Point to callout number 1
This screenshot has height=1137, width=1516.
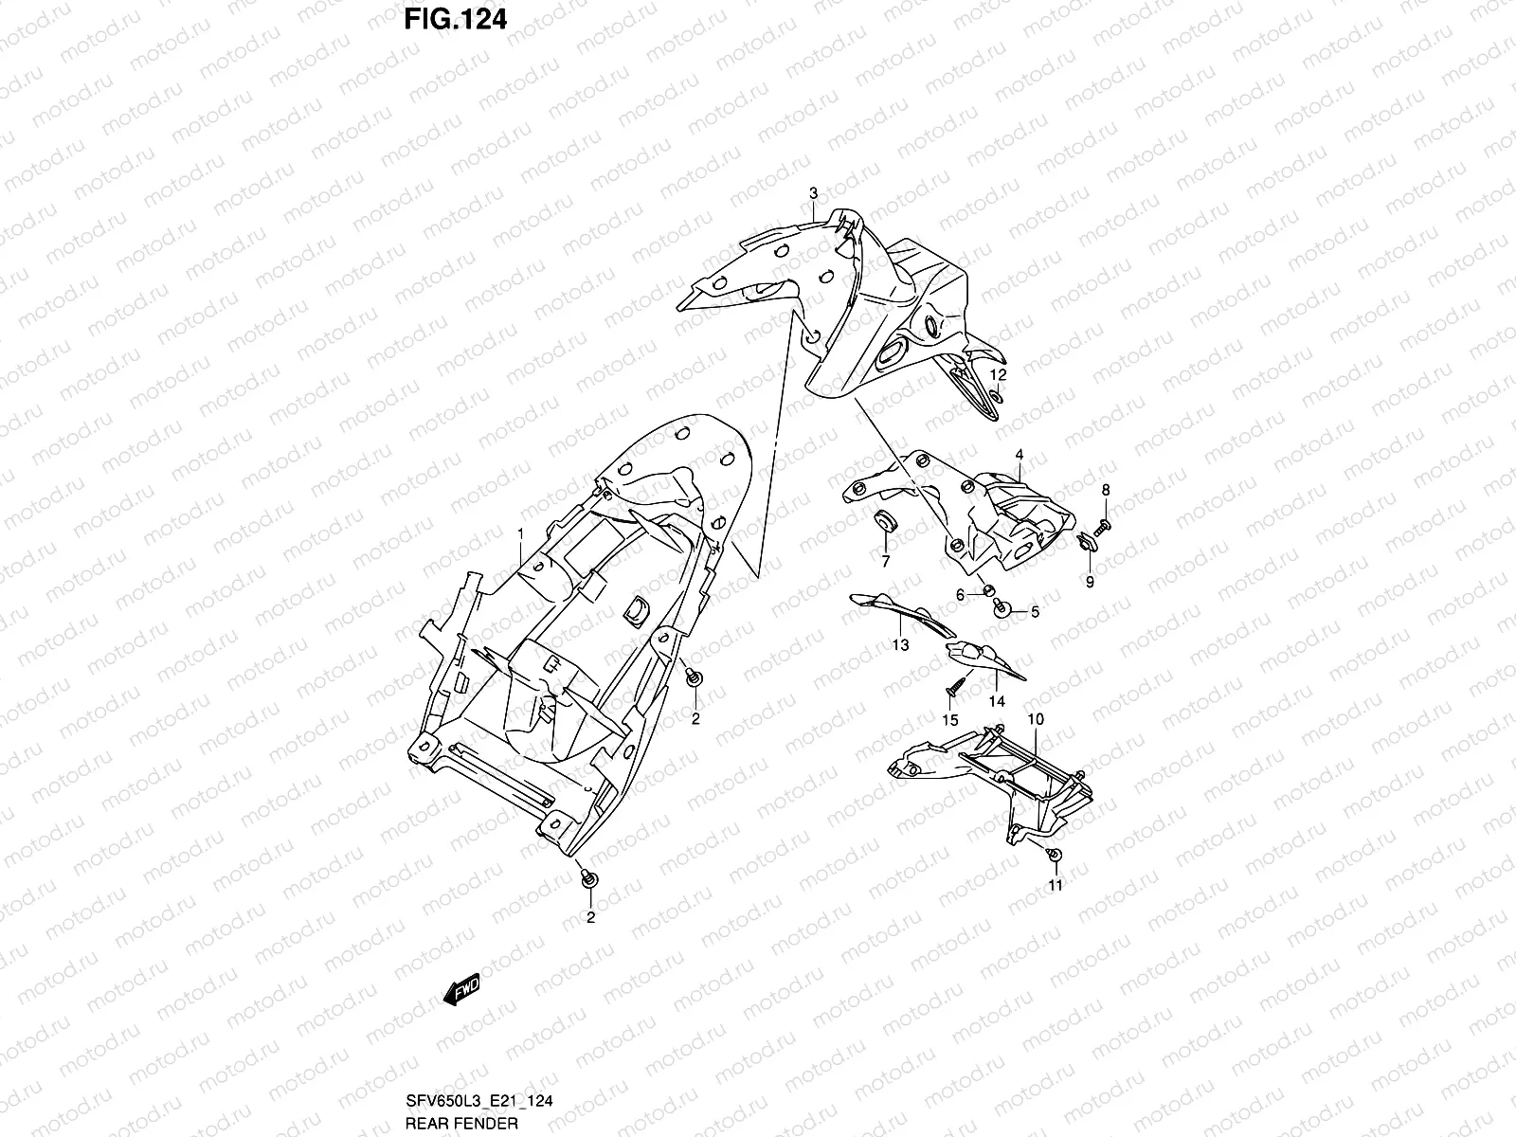(519, 535)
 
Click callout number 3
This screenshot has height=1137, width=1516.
(813, 193)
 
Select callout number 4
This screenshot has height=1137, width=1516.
(1020, 456)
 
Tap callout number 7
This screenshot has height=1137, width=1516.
(887, 562)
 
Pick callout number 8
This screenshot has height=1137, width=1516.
(1105, 490)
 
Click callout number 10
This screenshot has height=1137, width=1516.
(1036, 720)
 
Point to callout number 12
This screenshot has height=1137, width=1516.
(997, 376)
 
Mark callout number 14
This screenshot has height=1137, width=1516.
(997, 702)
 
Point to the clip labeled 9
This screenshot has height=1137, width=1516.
(1086, 542)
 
